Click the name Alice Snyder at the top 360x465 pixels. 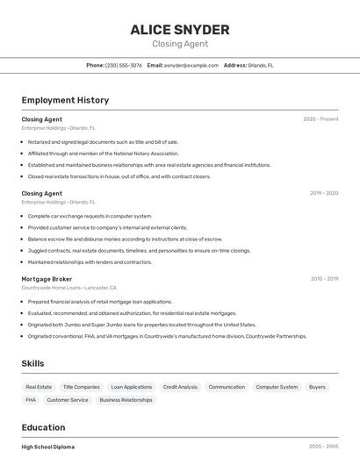tap(180, 30)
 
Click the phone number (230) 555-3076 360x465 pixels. tap(124, 65)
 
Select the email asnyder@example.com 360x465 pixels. tap(191, 65)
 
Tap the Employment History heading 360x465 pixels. tap(65, 101)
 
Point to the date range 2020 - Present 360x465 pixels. tap(320, 119)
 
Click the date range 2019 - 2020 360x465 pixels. tap(323, 193)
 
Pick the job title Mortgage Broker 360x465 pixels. tap(47, 279)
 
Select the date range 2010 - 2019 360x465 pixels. tap(323, 279)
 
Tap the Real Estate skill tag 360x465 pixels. tap(39, 387)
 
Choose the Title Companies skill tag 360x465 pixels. tap(82, 387)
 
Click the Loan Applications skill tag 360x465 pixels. tap(132, 387)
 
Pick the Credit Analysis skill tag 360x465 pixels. tap(180, 387)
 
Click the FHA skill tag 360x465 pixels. tap(31, 400)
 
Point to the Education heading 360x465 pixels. tap(45, 427)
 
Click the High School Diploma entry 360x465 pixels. tap(48, 447)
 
